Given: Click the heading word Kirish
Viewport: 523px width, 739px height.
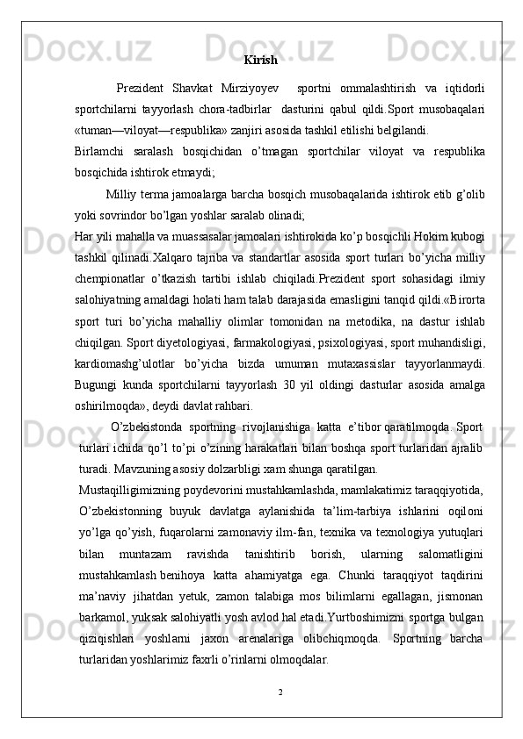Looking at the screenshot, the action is (x=260, y=61).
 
